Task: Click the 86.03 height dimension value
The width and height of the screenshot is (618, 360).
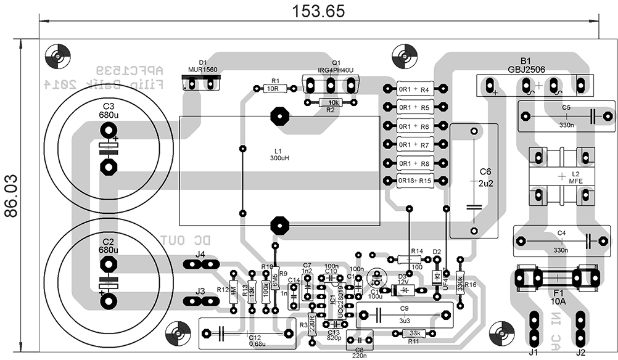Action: pyautogui.click(x=10, y=196)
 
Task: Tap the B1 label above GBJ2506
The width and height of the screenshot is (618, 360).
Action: pyautogui.click(x=525, y=61)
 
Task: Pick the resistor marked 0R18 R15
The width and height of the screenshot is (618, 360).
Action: pyautogui.click(x=415, y=181)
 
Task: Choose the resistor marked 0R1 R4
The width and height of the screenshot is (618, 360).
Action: pyautogui.click(x=415, y=89)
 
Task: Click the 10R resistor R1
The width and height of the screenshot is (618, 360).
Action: pyautogui.click(x=272, y=89)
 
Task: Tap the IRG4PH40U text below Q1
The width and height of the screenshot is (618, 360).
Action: pyautogui.click(x=336, y=70)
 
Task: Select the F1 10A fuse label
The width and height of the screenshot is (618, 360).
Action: pyautogui.click(x=558, y=297)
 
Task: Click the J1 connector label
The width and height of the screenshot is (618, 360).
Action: pyautogui.click(x=534, y=353)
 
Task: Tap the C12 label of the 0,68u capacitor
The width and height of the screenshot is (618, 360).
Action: pyautogui.click(x=254, y=338)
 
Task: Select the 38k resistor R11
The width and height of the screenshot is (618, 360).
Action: pyautogui.click(x=414, y=333)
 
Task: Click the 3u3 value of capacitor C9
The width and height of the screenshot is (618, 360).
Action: pyautogui.click(x=404, y=321)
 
